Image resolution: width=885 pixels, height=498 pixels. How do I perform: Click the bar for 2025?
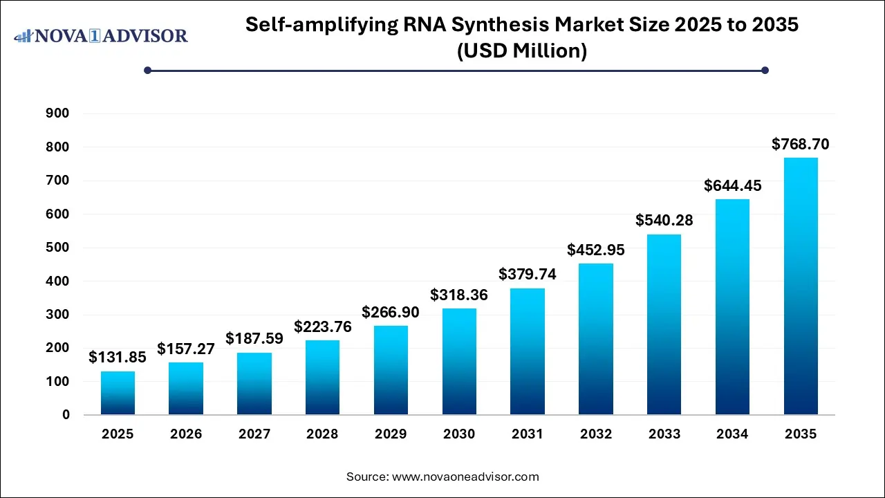(x=118, y=393)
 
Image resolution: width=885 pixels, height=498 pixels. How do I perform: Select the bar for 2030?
(x=459, y=361)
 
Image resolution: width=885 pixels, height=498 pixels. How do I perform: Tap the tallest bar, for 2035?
(x=801, y=286)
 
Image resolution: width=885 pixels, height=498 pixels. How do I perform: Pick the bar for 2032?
(x=596, y=339)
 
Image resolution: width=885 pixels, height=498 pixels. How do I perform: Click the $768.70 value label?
(x=801, y=145)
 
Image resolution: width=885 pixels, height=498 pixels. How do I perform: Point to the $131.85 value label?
(x=118, y=358)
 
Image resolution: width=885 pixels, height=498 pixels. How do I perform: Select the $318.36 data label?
(x=459, y=295)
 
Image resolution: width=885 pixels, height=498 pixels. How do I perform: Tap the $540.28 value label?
(x=664, y=221)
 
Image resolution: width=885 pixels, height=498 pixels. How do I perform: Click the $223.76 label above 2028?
(x=323, y=326)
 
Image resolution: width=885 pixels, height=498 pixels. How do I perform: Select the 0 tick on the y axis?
(x=66, y=415)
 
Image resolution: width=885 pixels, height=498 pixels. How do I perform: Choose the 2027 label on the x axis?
(x=254, y=434)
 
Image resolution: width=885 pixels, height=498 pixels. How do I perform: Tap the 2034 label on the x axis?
(x=732, y=434)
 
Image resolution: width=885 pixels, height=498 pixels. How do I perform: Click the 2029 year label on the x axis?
(x=391, y=434)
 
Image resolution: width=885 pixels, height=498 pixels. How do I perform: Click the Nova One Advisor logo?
(x=101, y=35)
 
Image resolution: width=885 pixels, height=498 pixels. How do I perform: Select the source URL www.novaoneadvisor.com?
(x=465, y=477)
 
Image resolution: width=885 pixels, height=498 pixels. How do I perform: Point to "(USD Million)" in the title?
(x=522, y=50)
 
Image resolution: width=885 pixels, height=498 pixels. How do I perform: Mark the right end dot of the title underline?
(x=765, y=70)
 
